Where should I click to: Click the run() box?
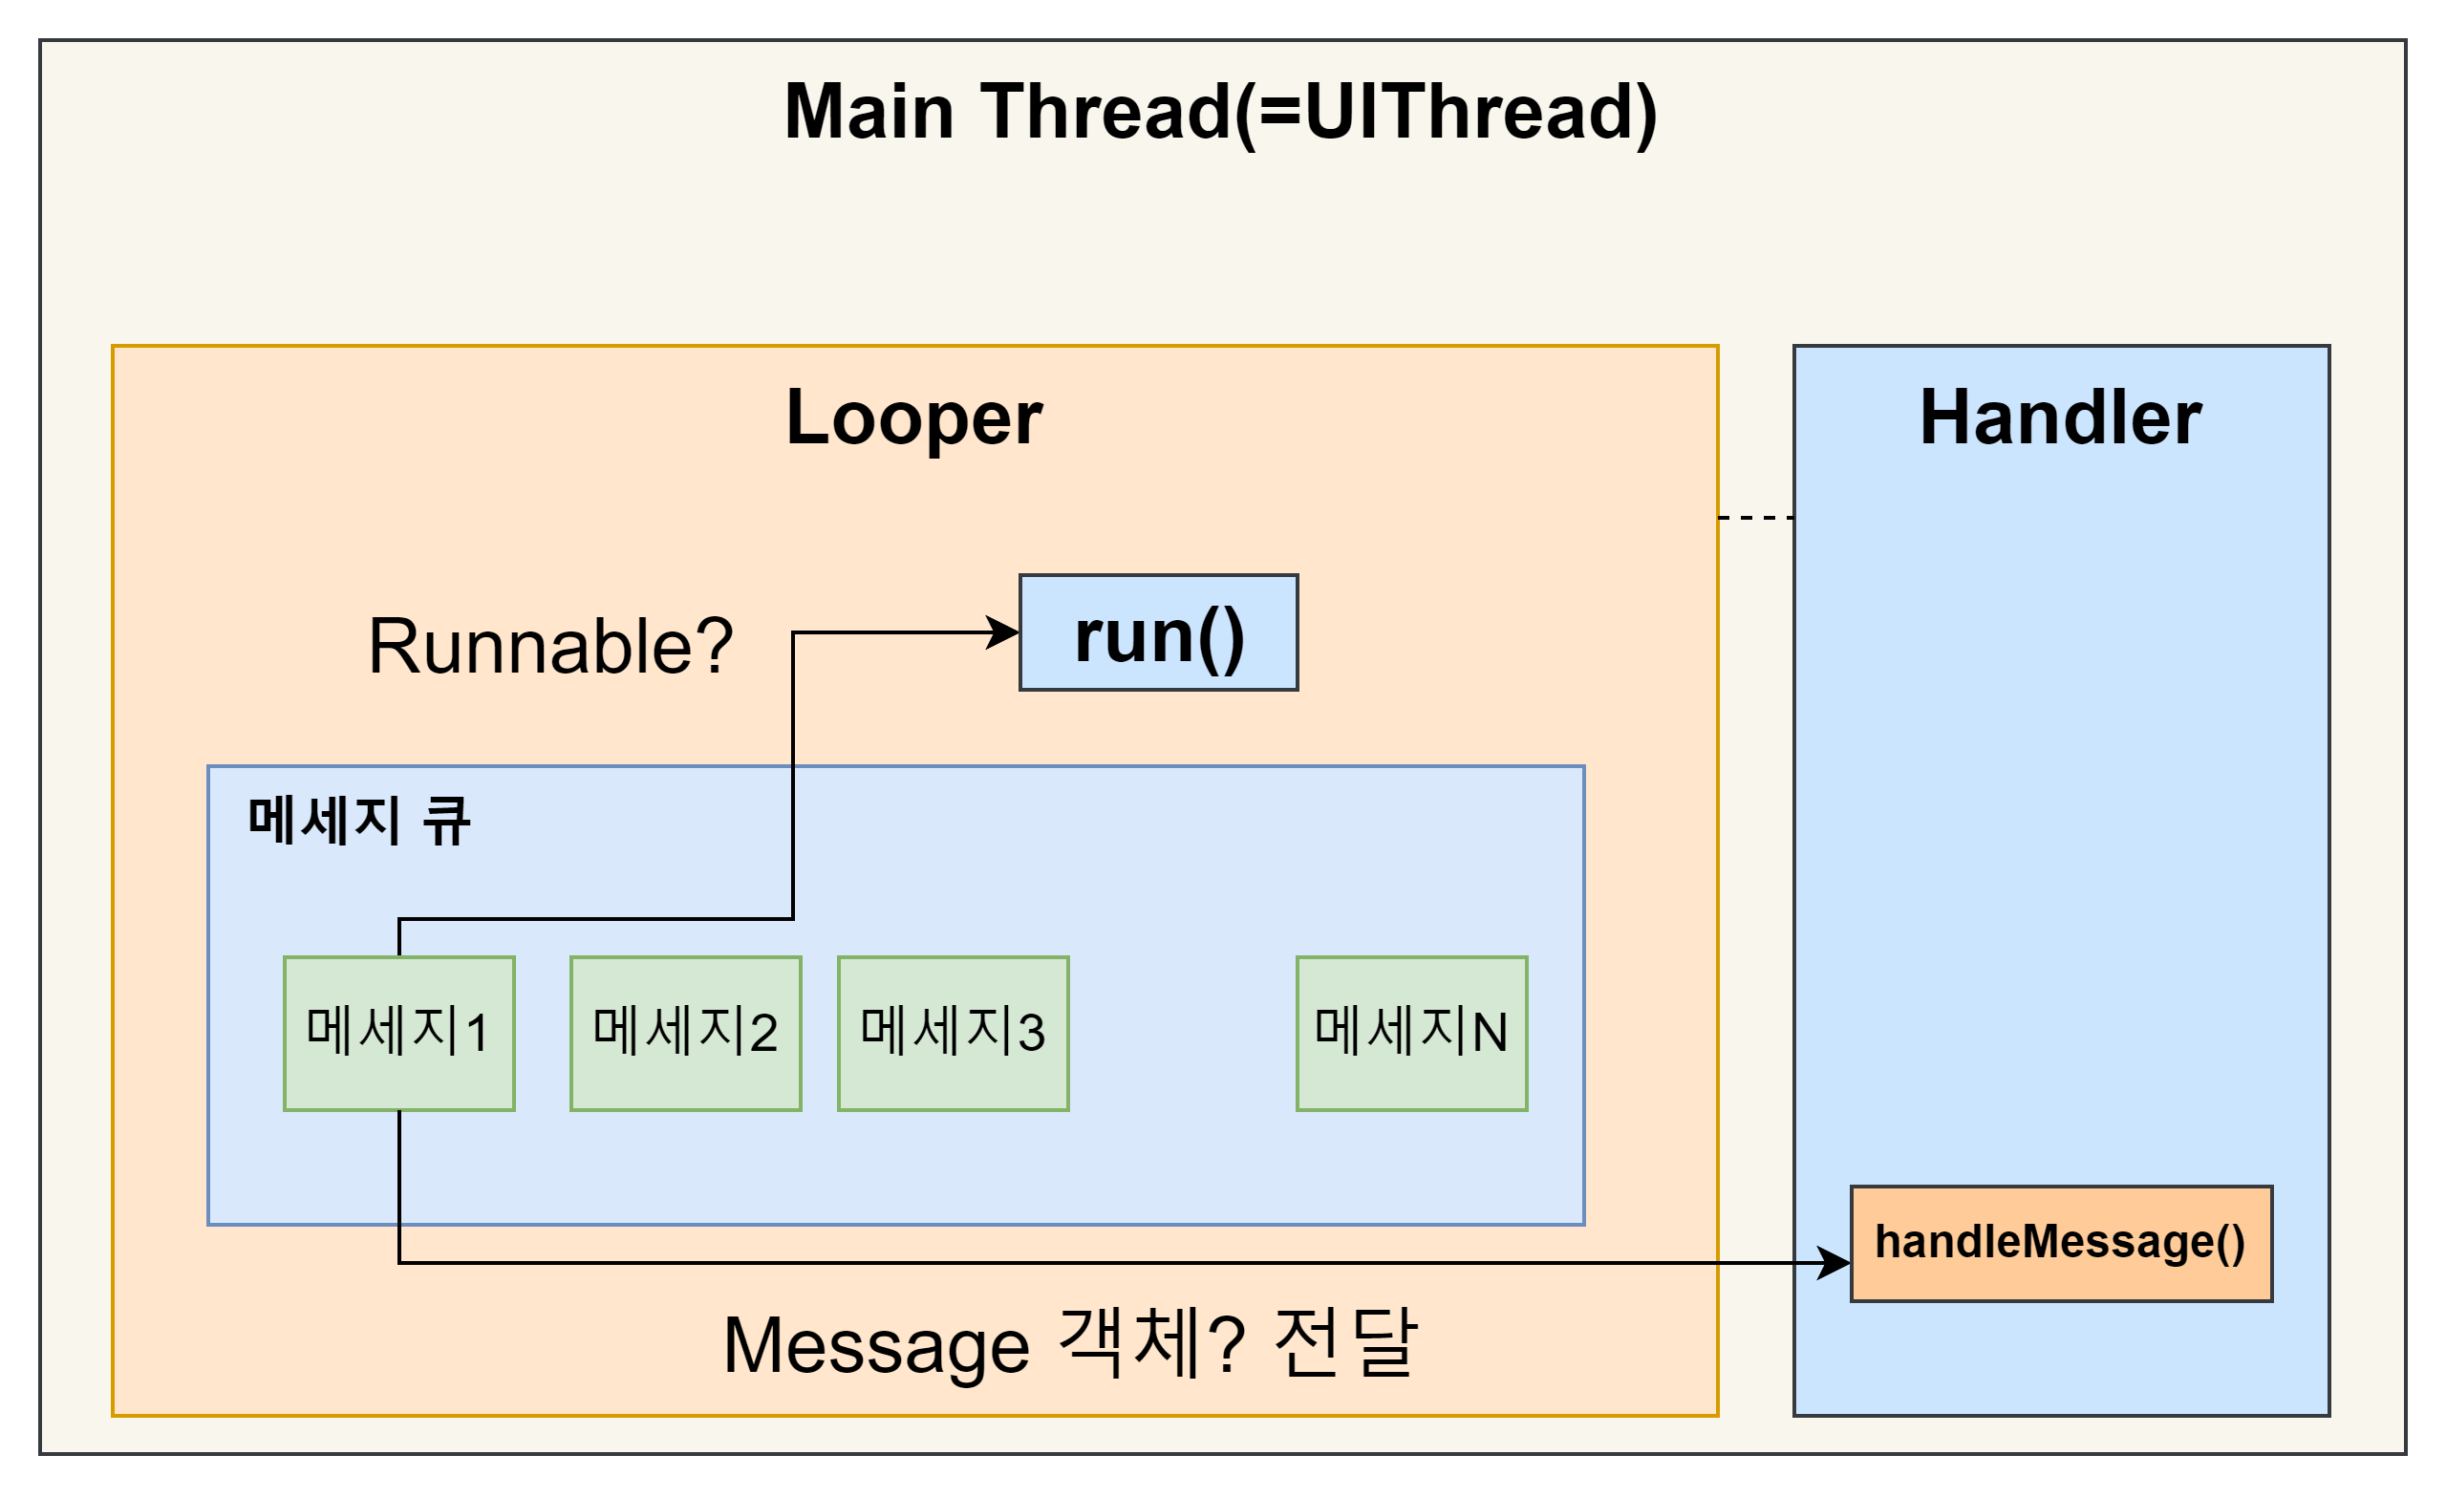click(x=1158, y=632)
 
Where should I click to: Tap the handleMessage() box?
click(x=2061, y=1243)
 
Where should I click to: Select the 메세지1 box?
click(x=399, y=1034)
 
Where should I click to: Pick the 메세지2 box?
click(x=686, y=1034)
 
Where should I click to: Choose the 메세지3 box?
click(x=953, y=1034)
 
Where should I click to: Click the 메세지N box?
click(x=1411, y=1034)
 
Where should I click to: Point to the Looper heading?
click(x=913, y=417)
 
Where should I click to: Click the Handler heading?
click(x=2061, y=417)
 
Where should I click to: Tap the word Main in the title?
click(x=869, y=112)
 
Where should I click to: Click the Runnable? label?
click(x=550, y=646)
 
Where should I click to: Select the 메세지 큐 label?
click(x=359, y=822)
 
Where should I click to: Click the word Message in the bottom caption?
click(x=876, y=1347)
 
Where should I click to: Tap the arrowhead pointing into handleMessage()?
click(x=1834, y=1264)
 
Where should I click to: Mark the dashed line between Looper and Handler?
click(x=1755, y=518)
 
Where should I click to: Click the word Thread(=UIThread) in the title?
click(x=1320, y=112)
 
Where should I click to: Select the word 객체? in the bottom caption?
click(x=1151, y=1345)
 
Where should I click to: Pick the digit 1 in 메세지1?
click(x=477, y=1034)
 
